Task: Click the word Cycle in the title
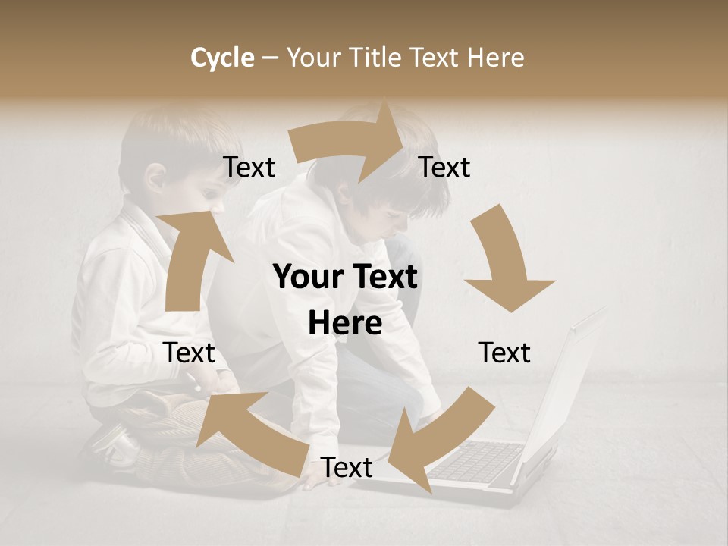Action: tap(222, 58)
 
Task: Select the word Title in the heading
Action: tap(378, 58)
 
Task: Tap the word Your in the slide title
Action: tap(313, 58)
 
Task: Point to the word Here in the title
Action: tap(495, 58)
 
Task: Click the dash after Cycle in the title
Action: tap(269, 58)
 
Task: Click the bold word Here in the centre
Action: tap(345, 324)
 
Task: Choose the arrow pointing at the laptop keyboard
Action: tap(436, 436)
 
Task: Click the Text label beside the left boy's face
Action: tap(249, 168)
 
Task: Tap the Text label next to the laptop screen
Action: tap(504, 353)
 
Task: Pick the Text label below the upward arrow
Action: tap(190, 353)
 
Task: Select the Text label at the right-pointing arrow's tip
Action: tap(445, 168)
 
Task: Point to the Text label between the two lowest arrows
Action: tap(347, 467)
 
